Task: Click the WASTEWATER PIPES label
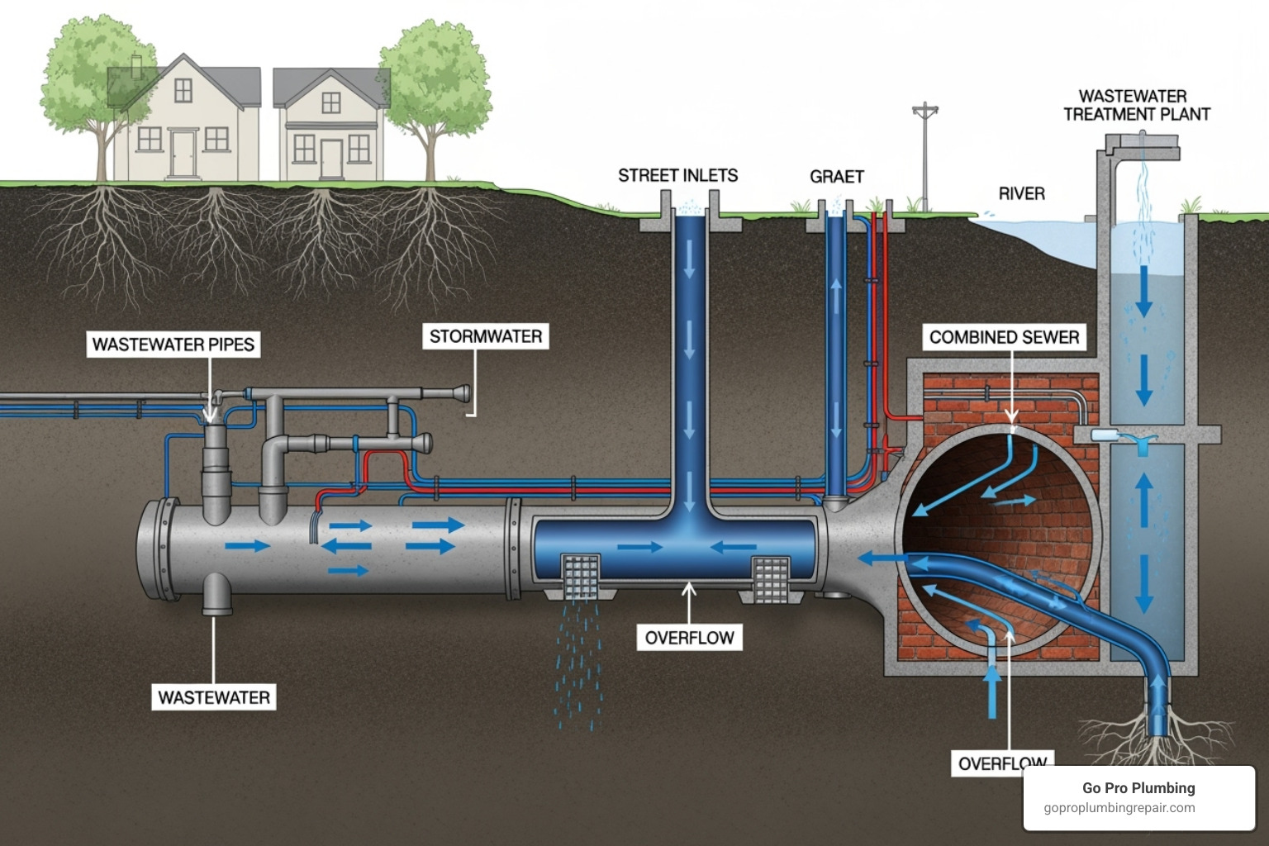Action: tap(173, 345)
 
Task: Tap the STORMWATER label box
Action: tap(486, 336)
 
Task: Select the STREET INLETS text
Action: tap(677, 175)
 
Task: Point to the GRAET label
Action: tap(837, 176)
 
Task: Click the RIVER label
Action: tap(1022, 193)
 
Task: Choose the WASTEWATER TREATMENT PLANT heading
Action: tap(1137, 106)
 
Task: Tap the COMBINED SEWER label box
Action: tap(1004, 337)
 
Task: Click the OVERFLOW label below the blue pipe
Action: tap(689, 638)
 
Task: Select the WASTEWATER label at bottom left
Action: tap(214, 697)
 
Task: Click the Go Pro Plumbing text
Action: tap(1138, 788)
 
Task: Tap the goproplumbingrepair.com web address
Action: tap(1119, 808)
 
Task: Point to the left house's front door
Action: tap(183, 154)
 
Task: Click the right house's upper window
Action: tap(331, 102)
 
